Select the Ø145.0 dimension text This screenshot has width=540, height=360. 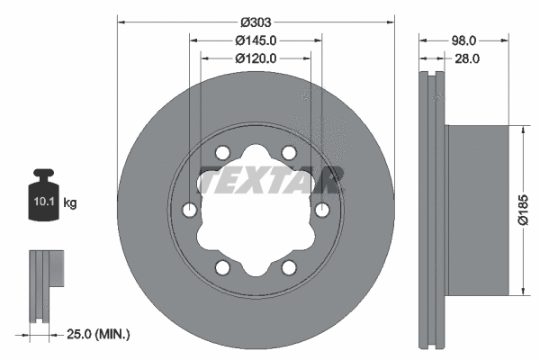pyautogui.click(x=256, y=40)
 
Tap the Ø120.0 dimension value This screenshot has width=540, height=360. pyautogui.click(x=256, y=58)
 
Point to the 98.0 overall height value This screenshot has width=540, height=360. pyautogui.click(x=463, y=40)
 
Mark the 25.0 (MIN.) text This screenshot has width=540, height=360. pyautogui.click(x=100, y=335)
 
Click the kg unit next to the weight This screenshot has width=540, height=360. pyautogui.click(x=69, y=203)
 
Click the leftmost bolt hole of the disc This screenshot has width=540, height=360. pyautogui.click(x=189, y=210)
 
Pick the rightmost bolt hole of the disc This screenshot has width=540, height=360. pyautogui.click(x=323, y=210)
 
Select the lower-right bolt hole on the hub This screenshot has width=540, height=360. pyautogui.click(x=289, y=267)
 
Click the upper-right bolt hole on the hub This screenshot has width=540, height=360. pyautogui.click(x=289, y=152)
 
